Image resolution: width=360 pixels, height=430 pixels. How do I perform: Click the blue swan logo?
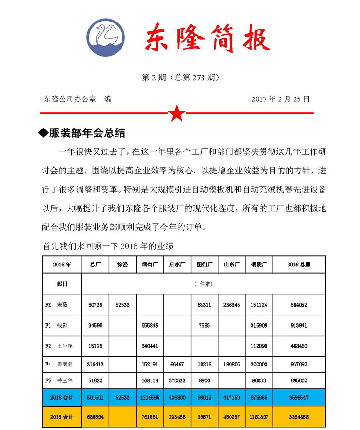pos(107,37)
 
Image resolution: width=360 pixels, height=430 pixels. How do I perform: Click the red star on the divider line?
pos(177,113)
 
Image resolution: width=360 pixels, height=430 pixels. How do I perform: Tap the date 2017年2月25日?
pos(281,99)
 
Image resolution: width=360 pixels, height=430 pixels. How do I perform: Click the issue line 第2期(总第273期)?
pos(180,78)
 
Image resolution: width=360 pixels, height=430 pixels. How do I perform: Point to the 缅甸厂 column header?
pos(150,265)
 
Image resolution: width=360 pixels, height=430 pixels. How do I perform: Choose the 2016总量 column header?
pos(299,265)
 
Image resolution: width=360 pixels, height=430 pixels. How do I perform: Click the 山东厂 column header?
pos(232,265)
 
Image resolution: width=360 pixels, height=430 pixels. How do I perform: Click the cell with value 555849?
pos(150,326)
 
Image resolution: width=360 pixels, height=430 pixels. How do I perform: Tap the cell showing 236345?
pos(232,305)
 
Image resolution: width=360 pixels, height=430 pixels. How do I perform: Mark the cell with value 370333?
pos(177,381)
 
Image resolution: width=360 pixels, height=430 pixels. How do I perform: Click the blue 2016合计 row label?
pos(62,398)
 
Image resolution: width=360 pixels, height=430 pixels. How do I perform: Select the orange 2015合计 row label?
pos(62,416)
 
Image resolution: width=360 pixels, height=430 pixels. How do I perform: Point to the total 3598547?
pos(299,398)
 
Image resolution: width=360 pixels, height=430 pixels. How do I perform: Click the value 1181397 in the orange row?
pos(259,416)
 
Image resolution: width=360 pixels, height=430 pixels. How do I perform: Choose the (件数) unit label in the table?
pos(203,284)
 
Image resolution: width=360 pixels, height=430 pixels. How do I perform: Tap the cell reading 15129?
pos(95,346)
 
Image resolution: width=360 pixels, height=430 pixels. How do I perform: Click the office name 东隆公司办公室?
pos(70,99)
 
